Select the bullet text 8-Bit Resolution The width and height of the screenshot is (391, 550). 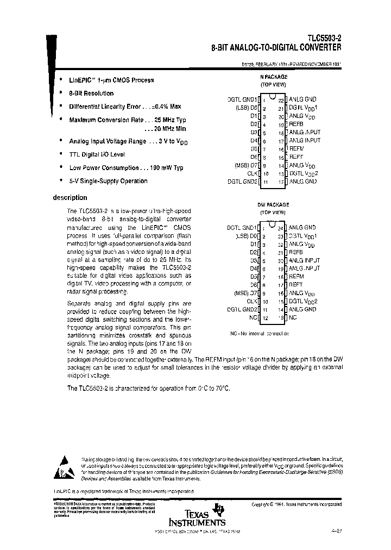click(91, 93)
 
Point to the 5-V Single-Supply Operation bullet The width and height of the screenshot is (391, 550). click(108, 181)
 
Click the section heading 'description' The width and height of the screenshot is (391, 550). click(70, 198)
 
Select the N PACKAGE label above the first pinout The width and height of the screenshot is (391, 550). click(272, 77)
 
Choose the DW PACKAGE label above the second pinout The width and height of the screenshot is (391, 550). click(273, 205)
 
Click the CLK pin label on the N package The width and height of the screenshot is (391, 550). click(251, 173)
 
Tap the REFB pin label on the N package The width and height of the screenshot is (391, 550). click(297, 124)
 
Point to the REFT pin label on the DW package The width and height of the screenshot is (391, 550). click(297, 284)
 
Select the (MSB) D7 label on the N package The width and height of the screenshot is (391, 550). click(246, 165)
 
